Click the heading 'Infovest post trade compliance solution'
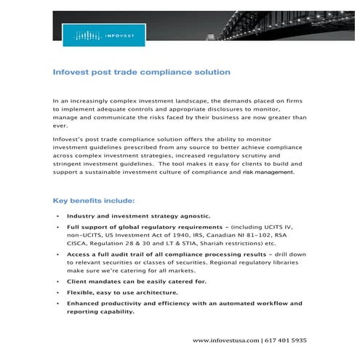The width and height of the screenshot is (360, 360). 142,73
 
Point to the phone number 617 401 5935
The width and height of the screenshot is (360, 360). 285,340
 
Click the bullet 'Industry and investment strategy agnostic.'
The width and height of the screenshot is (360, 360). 138,217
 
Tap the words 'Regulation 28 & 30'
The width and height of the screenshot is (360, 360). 119,246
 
